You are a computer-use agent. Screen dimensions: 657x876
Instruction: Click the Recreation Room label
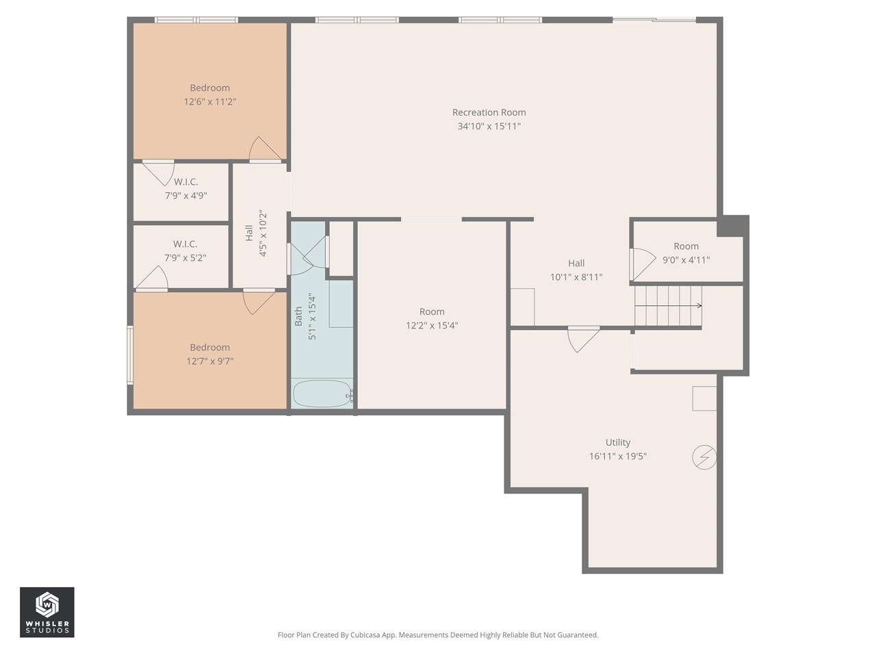click(x=489, y=112)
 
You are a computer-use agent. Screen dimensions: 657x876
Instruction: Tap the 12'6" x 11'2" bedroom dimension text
click(x=209, y=102)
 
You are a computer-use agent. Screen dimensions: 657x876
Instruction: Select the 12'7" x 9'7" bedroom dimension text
click(x=209, y=361)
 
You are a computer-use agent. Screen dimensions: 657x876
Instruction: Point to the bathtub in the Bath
click(x=322, y=394)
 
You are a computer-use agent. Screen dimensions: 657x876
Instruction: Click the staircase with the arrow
click(x=667, y=306)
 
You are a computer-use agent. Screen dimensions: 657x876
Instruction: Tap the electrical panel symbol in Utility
click(x=704, y=457)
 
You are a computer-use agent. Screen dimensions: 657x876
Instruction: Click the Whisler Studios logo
click(x=47, y=613)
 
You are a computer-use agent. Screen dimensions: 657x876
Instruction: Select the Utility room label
click(x=617, y=443)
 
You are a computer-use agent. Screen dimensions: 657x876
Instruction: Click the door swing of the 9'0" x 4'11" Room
click(x=642, y=263)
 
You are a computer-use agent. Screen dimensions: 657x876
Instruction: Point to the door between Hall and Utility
click(x=583, y=338)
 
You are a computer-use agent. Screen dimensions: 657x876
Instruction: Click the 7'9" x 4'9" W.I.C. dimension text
click(x=185, y=196)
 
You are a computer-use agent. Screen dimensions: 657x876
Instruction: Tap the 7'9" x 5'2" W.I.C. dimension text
click(x=185, y=258)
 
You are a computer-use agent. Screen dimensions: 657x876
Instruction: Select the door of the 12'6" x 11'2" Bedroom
click(x=264, y=150)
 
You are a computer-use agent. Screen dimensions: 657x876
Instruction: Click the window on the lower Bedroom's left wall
click(x=130, y=355)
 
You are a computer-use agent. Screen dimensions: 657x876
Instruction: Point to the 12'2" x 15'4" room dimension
click(x=432, y=326)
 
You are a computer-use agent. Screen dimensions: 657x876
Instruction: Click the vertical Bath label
click(x=298, y=315)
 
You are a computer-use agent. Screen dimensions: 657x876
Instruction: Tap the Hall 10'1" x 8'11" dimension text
click(x=576, y=277)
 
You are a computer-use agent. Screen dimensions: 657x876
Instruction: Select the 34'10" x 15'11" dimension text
click(x=489, y=127)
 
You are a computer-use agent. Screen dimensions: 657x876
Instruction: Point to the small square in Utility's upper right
click(x=704, y=398)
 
